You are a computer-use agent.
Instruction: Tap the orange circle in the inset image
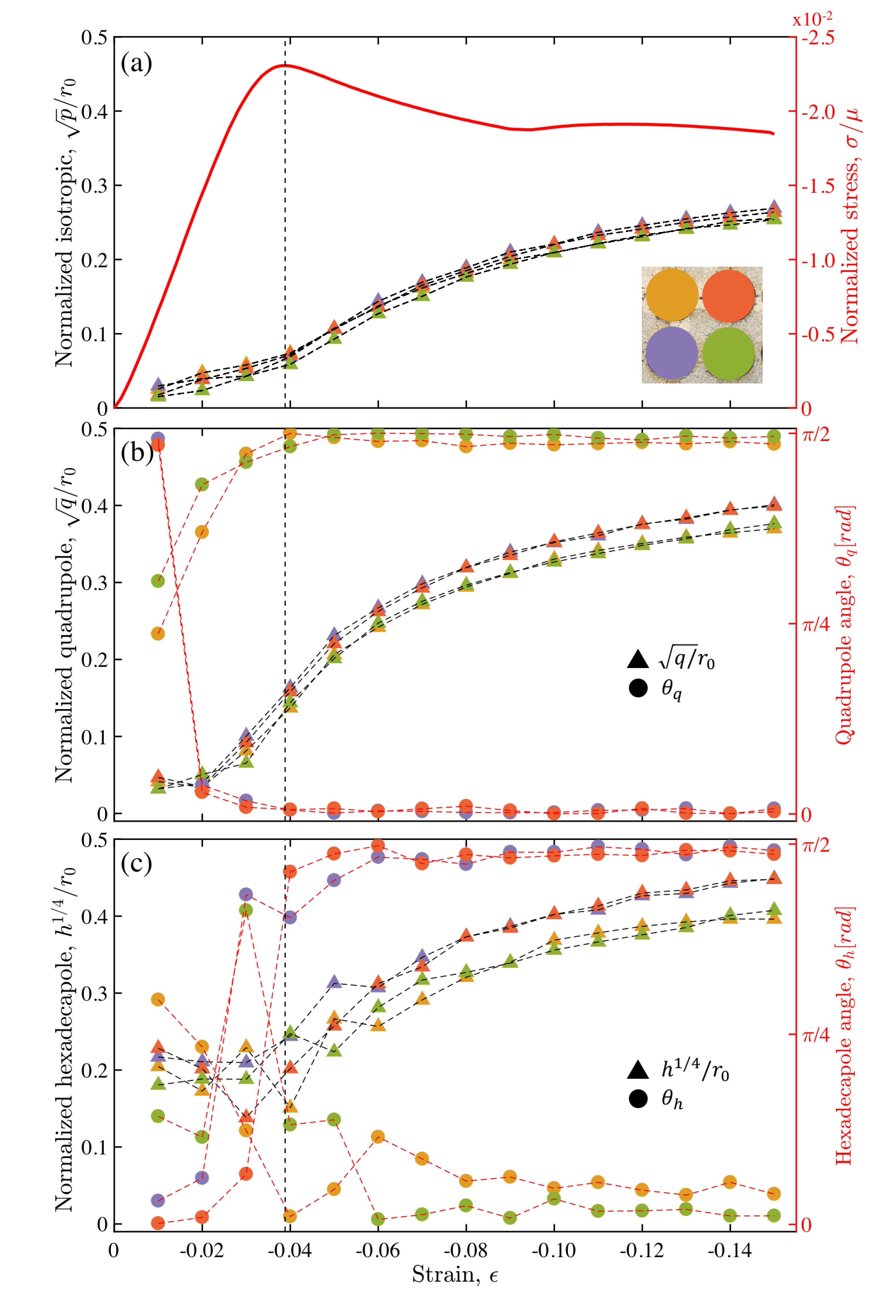tap(729, 296)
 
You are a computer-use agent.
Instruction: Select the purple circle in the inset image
tap(671, 353)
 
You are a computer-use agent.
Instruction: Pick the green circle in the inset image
tap(729, 353)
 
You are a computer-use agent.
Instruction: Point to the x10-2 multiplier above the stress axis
tap(812, 19)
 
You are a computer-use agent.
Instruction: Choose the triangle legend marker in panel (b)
tap(637, 659)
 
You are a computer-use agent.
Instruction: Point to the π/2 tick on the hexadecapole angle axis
tap(816, 846)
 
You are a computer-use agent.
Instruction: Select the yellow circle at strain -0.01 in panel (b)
tap(158, 633)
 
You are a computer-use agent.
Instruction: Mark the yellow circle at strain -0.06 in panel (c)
tap(378, 1137)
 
